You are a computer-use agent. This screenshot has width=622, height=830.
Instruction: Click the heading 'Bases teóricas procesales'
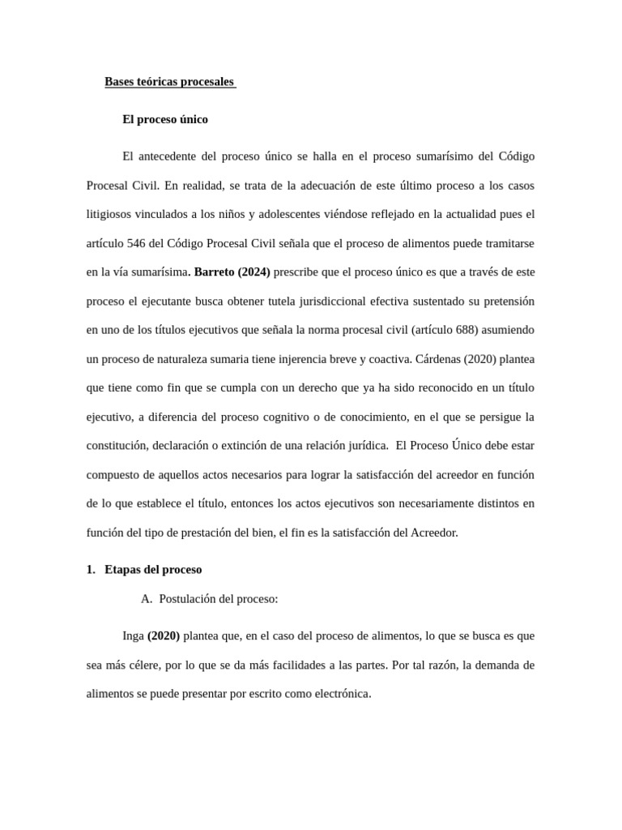tap(169, 82)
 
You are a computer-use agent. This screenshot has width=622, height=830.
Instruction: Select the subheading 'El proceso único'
tap(165, 119)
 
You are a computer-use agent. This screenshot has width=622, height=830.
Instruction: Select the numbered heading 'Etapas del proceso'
tap(153, 570)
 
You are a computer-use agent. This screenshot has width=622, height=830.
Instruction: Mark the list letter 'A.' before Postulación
tap(147, 599)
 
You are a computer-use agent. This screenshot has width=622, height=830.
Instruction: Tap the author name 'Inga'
tap(132, 636)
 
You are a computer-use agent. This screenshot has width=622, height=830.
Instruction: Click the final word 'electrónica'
tap(339, 695)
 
